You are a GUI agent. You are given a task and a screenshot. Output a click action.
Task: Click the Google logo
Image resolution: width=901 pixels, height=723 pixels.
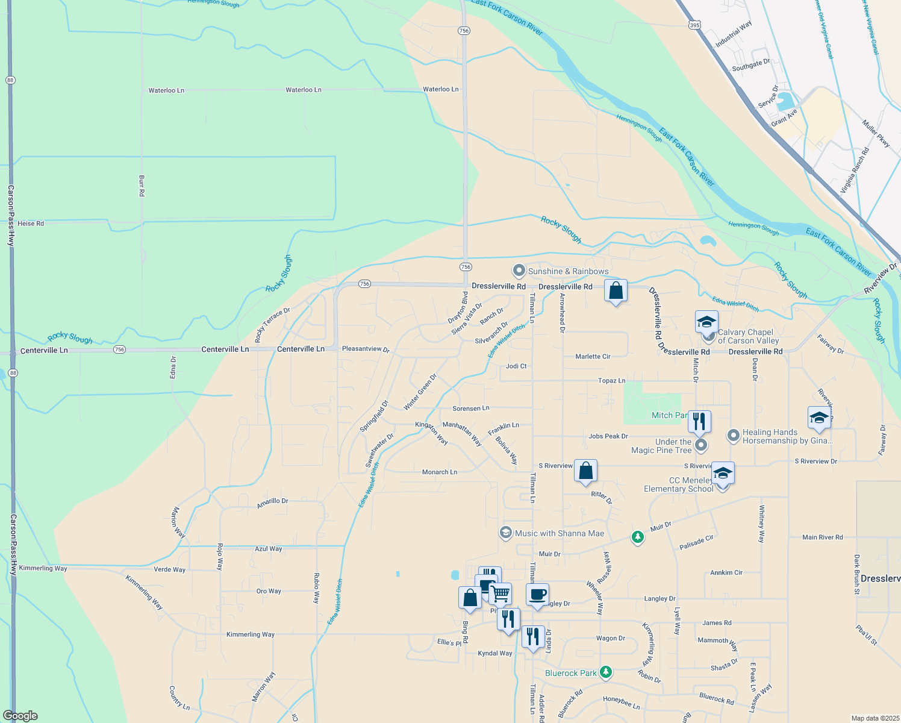tap(20, 716)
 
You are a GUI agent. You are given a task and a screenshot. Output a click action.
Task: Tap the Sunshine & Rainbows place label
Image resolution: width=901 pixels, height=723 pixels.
tap(568, 271)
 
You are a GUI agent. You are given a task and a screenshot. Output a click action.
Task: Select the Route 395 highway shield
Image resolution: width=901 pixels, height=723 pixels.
tap(694, 24)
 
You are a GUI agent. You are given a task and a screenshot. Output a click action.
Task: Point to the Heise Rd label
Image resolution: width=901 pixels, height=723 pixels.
tap(31, 224)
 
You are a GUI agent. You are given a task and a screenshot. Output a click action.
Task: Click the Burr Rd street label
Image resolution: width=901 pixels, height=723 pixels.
tap(142, 186)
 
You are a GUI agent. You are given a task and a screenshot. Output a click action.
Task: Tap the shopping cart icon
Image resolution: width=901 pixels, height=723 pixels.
tap(500, 594)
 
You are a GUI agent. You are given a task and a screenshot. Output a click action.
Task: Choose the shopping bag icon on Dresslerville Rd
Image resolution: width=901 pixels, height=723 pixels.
tap(616, 292)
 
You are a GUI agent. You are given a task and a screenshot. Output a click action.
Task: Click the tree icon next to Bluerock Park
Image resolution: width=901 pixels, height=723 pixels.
tap(606, 672)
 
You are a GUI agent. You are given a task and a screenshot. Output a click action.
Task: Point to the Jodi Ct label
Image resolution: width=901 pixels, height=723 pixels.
tap(516, 366)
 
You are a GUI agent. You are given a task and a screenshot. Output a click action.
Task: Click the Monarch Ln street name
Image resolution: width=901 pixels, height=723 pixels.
tap(440, 472)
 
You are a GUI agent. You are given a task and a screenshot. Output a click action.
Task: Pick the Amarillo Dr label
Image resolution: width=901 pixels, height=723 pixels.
tap(272, 502)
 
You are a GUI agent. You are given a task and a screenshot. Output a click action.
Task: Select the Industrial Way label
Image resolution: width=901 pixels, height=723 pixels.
tap(734, 35)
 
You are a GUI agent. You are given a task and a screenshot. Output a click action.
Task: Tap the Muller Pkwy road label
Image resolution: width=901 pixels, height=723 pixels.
tap(876, 133)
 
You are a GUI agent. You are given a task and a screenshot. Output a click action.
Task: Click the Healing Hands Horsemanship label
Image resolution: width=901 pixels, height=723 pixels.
tap(787, 436)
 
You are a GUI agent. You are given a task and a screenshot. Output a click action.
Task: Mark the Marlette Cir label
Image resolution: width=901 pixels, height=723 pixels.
tap(593, 357)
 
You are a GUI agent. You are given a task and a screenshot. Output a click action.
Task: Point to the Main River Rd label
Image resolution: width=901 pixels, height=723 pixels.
tap(822, 537)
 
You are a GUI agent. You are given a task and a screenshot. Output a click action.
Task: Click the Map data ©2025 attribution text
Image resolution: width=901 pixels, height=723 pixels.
tap(874, 718)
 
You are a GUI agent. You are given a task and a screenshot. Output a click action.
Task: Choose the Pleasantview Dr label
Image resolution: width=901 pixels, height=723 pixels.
tap(366, 349)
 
